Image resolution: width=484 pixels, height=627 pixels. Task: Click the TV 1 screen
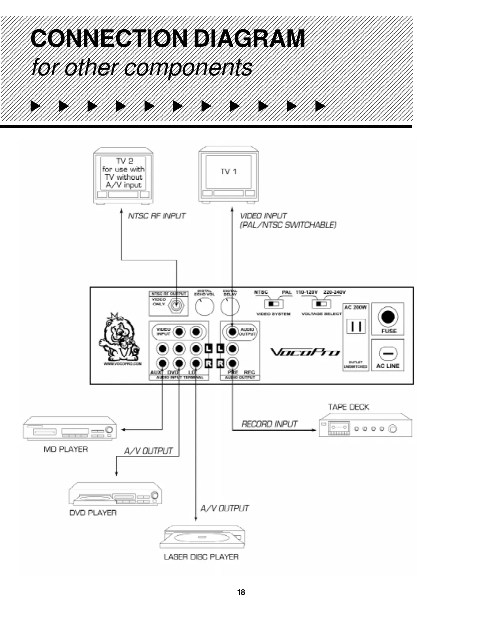tap(229, 172)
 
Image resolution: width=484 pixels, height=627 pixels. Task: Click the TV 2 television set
tap(123, 175)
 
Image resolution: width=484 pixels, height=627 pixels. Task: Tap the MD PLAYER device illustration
tap(70, 428)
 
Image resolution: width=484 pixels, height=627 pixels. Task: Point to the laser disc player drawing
tap(202, 537)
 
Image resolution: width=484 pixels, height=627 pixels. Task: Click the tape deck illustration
tap(365, 425)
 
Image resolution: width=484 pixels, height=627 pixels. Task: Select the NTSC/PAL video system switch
tap(274, 304)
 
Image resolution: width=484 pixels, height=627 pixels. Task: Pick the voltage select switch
tap(321, 304)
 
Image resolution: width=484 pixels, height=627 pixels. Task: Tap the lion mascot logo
tap(119, 336)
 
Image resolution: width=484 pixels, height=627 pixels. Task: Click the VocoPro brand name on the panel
tap(305, 352)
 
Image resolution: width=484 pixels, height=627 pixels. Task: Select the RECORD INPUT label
tap(269, 424)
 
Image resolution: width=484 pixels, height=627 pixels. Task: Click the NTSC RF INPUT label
tap(157, 216)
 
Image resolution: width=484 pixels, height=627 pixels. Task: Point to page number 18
tap(241, 592)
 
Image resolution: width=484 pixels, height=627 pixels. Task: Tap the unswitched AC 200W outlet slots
tap(355, 327)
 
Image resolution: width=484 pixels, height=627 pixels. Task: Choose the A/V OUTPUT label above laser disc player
tap(225, 508)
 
